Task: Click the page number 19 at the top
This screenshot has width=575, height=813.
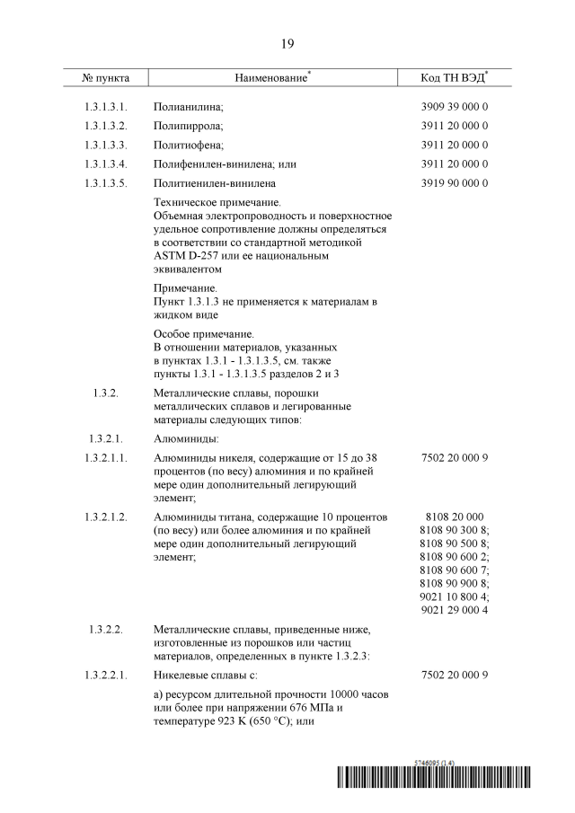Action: pos(287,43)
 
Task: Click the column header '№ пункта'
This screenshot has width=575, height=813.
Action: pos(106,78)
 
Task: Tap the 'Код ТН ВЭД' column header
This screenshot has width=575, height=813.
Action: pos(454,78)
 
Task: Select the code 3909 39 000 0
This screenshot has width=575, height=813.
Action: pos(454,107)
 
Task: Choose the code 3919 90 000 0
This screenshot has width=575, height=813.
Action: pos(454,183)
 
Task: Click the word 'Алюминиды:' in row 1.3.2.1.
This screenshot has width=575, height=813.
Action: pos(186,438)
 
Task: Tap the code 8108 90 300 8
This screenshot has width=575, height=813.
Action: pos(454,529)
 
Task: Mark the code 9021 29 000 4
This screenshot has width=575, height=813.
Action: pos(454,610)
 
